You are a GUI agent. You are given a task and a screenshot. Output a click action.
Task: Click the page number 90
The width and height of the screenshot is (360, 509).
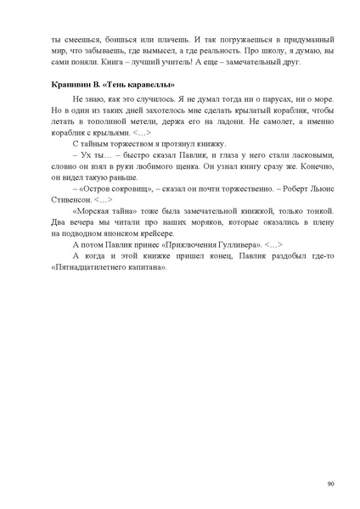329,484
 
